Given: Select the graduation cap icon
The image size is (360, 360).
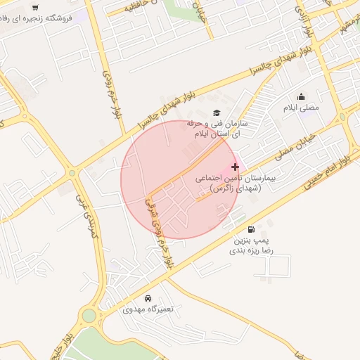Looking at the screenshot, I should point(217,112).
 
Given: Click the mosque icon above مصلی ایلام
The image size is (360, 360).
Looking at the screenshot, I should point(302,97).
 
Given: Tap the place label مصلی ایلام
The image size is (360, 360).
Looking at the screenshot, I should point(302,108).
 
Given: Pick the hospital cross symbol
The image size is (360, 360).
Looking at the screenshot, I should point(235,167).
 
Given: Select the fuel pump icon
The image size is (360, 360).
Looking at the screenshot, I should point(251,229).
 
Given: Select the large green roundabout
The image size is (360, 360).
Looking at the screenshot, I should point(89,316).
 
